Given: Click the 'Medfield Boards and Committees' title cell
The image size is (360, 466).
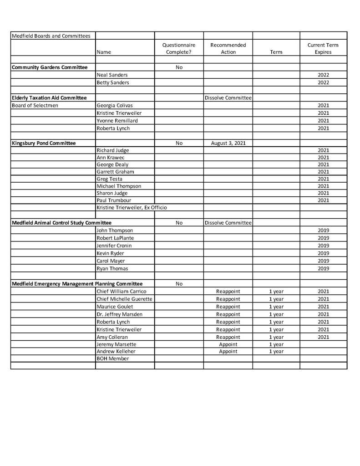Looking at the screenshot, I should tap(51, 36).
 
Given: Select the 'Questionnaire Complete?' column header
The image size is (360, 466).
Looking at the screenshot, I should tap(179, 48).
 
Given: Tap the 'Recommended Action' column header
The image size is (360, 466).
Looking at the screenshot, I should tap(228, 48).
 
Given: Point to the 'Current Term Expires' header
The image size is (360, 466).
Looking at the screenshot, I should tap(323, 48).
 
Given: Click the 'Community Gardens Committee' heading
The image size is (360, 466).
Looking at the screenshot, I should tap(50, 67).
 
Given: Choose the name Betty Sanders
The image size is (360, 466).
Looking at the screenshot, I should tap(112, 82).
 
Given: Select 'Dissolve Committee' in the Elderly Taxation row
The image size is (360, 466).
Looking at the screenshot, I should tap(228, 97).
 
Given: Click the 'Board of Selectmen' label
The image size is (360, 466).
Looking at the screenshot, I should tap(35, 105).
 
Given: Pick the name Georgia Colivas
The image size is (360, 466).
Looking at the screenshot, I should tap(114, 105).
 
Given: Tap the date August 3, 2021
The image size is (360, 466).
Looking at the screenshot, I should tap(228, 143).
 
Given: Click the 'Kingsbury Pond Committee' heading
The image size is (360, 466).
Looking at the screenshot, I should tap(44, 143).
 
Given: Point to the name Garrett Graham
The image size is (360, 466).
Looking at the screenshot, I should tap(115, 172).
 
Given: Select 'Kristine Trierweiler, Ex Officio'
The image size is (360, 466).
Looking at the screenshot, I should tap(132, 208).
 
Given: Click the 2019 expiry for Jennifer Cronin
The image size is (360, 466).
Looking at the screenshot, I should tap(323, 246).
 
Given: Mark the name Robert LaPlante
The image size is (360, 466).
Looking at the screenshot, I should tap(115, 238).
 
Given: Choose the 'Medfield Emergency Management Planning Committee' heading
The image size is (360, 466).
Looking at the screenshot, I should tap(77, 283).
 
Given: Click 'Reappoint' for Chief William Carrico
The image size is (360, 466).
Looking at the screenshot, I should tap(228, 291).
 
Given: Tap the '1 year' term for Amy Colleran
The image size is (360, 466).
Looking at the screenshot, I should tap(276, 337).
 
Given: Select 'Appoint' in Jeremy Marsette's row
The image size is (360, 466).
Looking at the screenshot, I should tap(228, 344).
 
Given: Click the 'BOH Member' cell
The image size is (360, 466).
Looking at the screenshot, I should tap(112, 358).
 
